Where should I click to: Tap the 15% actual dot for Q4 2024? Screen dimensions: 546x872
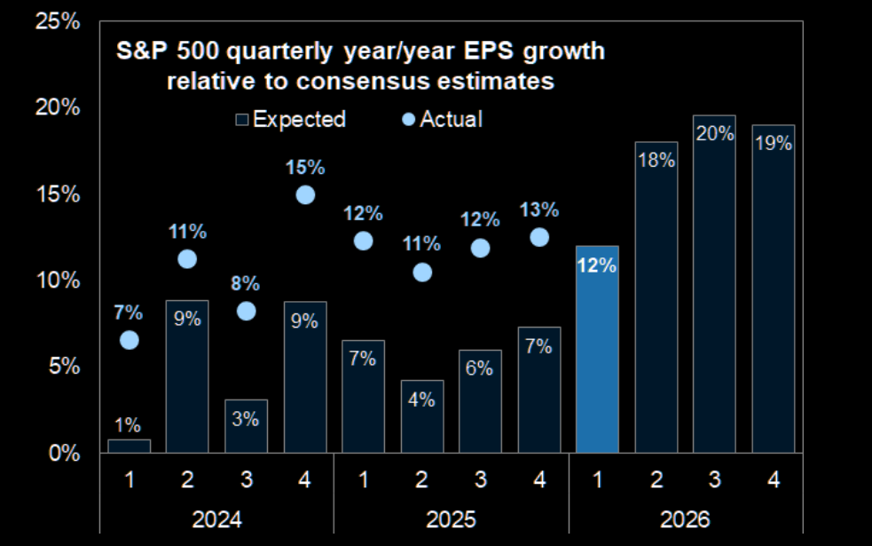pyautogui.click(x=305, y=194)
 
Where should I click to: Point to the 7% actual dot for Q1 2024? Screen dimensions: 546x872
pyautogui.click(x=130, y=340)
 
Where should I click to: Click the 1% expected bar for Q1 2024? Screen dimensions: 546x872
pyautogui.click(x=130, y=446)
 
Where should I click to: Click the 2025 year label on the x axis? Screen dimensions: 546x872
pyautogui.click(x=450, y=518)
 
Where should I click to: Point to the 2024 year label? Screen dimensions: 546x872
pyautogui.click(x=216, y=518)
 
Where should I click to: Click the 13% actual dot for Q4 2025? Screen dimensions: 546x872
pyautogui.click(x=538, y=237)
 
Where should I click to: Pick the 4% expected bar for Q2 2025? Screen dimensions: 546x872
pyautogui.click(x=421, y=417)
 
